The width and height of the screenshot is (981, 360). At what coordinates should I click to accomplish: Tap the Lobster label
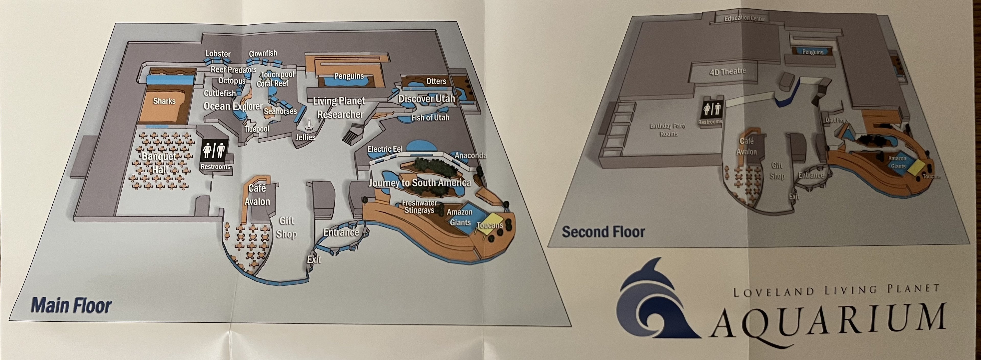218,54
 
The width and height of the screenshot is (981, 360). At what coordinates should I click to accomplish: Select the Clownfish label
263,53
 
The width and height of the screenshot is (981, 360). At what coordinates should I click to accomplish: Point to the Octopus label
231,81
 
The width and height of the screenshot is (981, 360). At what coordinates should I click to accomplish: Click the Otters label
436,81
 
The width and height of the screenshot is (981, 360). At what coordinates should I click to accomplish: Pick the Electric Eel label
385,149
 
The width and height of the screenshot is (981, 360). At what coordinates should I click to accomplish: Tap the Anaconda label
470,155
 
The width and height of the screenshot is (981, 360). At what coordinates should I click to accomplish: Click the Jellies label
306,137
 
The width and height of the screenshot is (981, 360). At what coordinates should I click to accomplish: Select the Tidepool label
257,129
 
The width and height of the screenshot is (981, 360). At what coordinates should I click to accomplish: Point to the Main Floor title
71,306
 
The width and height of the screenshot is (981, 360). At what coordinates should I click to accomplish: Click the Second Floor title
603,232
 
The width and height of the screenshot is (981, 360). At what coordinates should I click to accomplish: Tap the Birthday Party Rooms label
668,130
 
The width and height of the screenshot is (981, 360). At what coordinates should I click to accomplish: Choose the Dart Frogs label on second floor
837,120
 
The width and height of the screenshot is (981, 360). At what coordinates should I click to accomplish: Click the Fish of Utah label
430,118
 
